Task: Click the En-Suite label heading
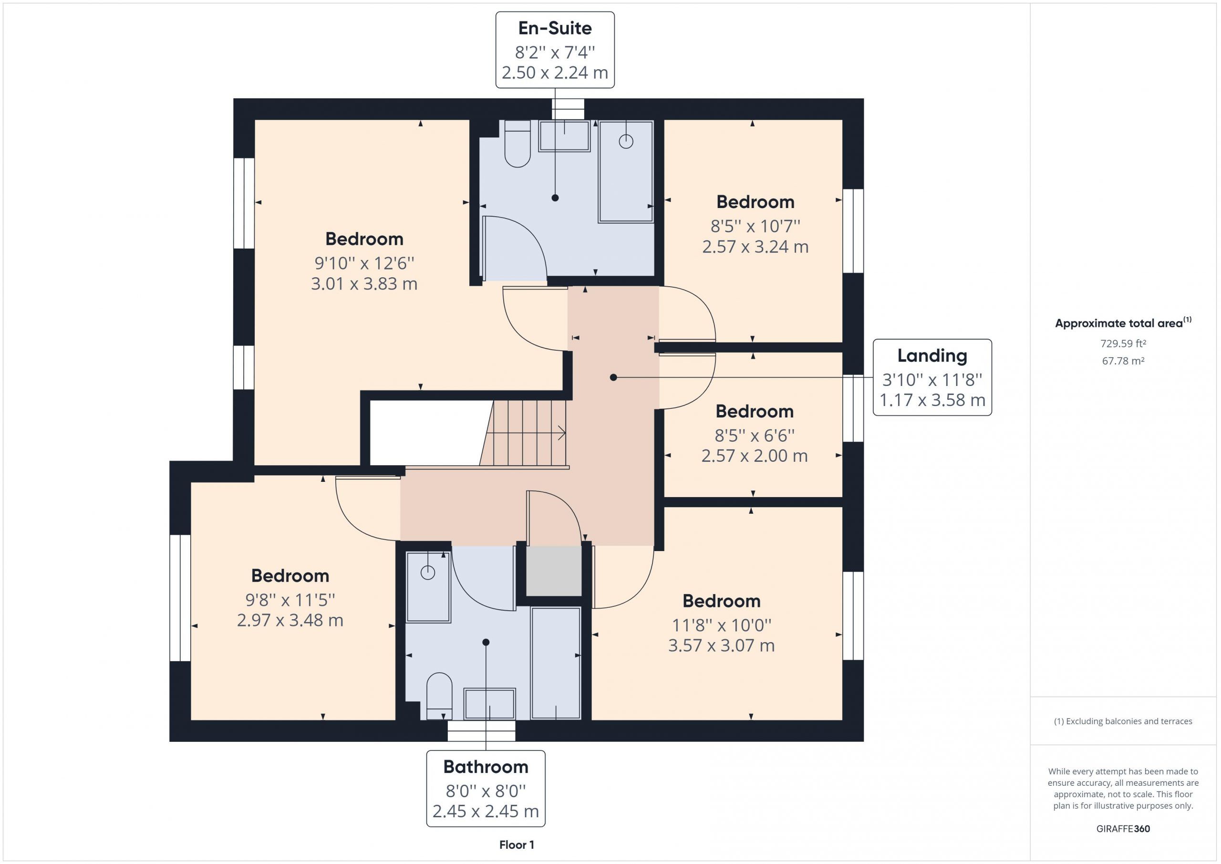tap(555, 28)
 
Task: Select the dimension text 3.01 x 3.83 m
tap(364, 283)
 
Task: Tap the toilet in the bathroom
tap(439, 696)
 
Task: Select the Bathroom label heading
tap(486, 767)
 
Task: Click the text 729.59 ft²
tap(1123, 344)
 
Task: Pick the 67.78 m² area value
tap(1123, 361)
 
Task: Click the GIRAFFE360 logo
tap(1123, 828)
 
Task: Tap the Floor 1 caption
tap(517, 844)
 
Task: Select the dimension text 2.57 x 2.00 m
tap(754, 456)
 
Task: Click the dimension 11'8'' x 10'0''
tap(721, 625)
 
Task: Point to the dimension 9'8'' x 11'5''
tap(290, 600)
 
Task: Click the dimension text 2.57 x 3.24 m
tap(755, 246)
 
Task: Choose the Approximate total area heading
tap(1123, 323)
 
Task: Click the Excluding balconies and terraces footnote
tap(1123, 721)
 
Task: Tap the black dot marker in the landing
tap(613, 377)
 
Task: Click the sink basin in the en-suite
tap(564, 136)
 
